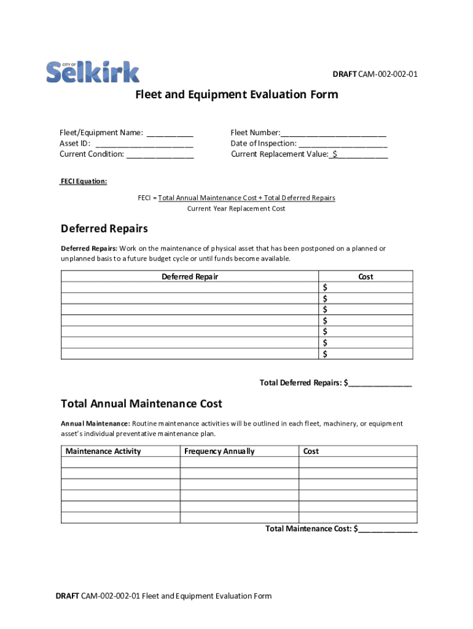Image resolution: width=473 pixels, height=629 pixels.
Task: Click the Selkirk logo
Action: (93, 72)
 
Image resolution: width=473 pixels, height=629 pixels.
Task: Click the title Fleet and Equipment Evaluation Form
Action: (237, 95)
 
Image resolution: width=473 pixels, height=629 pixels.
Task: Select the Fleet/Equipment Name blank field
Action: (170, 133)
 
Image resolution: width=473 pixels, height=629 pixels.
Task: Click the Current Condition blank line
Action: (160, 155)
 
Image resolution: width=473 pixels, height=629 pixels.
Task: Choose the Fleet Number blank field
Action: (334, 133)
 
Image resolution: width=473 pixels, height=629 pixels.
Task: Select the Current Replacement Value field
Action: (361, 155)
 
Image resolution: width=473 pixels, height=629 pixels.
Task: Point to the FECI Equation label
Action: (83, 182)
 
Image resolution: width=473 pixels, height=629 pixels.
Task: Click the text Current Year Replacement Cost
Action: (237, 209)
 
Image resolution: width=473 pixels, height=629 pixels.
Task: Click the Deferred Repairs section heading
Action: (104, 229)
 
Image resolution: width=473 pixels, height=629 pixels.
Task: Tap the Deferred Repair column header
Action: (190, 277)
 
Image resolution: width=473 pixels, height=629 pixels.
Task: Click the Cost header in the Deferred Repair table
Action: (365, 277)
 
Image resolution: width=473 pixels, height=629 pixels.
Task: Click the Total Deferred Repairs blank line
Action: (380, 383)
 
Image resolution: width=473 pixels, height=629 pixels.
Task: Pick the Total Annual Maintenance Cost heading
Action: (141, 404)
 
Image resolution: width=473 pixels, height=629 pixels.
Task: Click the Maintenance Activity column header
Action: (103, 451)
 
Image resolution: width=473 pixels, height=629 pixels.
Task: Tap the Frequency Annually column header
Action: (219, 451)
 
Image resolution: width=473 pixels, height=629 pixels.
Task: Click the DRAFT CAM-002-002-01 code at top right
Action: (375, 74)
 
